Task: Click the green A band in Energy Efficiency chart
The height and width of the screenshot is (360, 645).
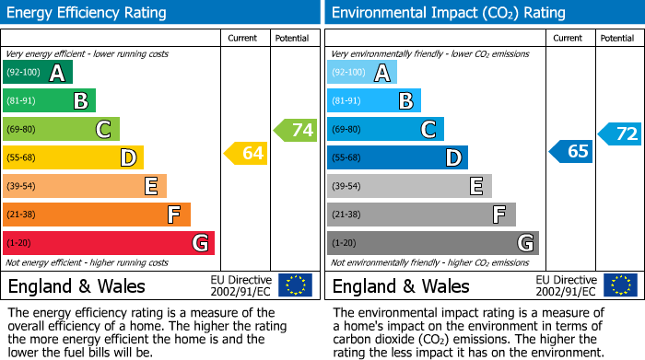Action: pyautogui.click(x=37, y=73)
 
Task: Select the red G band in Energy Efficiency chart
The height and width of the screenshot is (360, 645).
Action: pyautogui.click(x=108, y=243)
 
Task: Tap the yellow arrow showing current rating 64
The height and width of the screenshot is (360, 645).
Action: pyautogui.click(x=246, y=153)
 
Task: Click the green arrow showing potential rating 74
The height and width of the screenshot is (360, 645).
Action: pyautogui.click(x=296, y=130)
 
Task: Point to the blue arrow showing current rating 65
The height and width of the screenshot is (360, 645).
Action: pyautogui.click(x=570, y=151)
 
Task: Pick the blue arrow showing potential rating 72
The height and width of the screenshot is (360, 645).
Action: pyautogui.click(x=620, y=134)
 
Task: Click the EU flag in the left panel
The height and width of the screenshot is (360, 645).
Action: pyautogui.click(x=295, y=285)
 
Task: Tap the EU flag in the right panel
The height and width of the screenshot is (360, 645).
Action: pyautogui.click(x=619, y=285)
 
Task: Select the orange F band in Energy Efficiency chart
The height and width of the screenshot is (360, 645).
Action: pyautogui.click(x=96, y=215)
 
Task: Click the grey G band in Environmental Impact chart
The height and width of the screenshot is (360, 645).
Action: pyautogui.click(x=432, y=243)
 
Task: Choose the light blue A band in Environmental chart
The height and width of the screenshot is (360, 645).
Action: pyautogui.click(x=361, y=73)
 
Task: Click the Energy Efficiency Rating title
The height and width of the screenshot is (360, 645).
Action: pyautogui.click(x=88, y=13)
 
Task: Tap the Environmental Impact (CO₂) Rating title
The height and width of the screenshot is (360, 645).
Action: pyautogui.click(x=448, y=13)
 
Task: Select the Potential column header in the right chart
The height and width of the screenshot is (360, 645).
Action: pyautogui.click(x=617, y=38)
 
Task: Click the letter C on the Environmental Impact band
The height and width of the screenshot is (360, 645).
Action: pyautogui.click(x=428, y=130)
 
